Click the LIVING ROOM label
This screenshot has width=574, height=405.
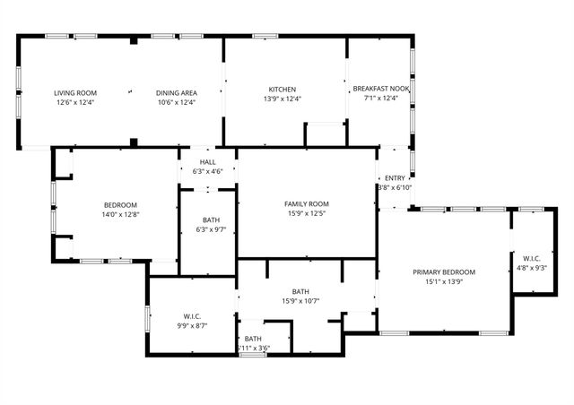click(75, 93)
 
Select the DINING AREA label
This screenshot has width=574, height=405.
click(176, 93)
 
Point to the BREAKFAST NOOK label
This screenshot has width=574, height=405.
click(381, 89)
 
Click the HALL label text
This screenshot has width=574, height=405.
click(208, 162)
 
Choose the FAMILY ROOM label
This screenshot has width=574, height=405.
click(307, 203)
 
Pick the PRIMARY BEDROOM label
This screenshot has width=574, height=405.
click(444, 271)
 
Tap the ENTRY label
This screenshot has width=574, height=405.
click(396, 177)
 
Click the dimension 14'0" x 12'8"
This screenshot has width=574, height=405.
click(121, 214)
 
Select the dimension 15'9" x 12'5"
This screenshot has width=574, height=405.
click(307, 213)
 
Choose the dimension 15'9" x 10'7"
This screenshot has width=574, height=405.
click(300, 301)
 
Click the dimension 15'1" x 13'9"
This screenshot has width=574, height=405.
click(444, 281)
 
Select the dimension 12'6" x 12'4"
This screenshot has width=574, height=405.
click(75, 102)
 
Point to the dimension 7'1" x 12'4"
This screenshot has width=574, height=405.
click(381, 99)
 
